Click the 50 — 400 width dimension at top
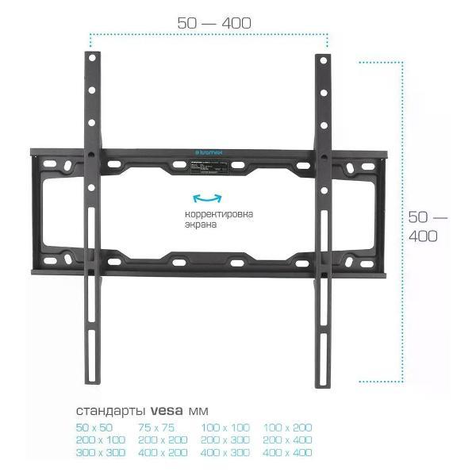tap(214, 24)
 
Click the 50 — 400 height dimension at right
tap(428, 226)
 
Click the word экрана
tap(199, 225)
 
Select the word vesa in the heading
tap(165, 411)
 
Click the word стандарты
tap(108, 411)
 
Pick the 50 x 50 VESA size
tap(94, 428)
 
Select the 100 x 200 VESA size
tap(287, 428)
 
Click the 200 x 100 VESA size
tap(101, 440)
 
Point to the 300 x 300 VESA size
tap(101, 452)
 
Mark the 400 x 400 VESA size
tap(287, 452)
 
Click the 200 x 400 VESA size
tap(287, 440)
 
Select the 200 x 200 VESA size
tap(163, 440)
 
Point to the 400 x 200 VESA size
tap(163, 452)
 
